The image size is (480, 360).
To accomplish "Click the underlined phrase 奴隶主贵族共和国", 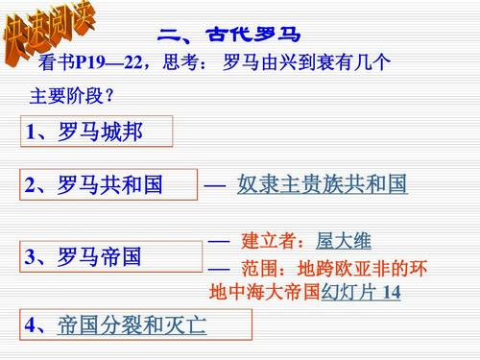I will pyautogui.click(x=322, y=184).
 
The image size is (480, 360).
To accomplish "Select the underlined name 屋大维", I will pyautogui.click(x=343, y=241).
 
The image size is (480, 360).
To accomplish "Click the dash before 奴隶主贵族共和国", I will pyautogui.click(x=214, y=184).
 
